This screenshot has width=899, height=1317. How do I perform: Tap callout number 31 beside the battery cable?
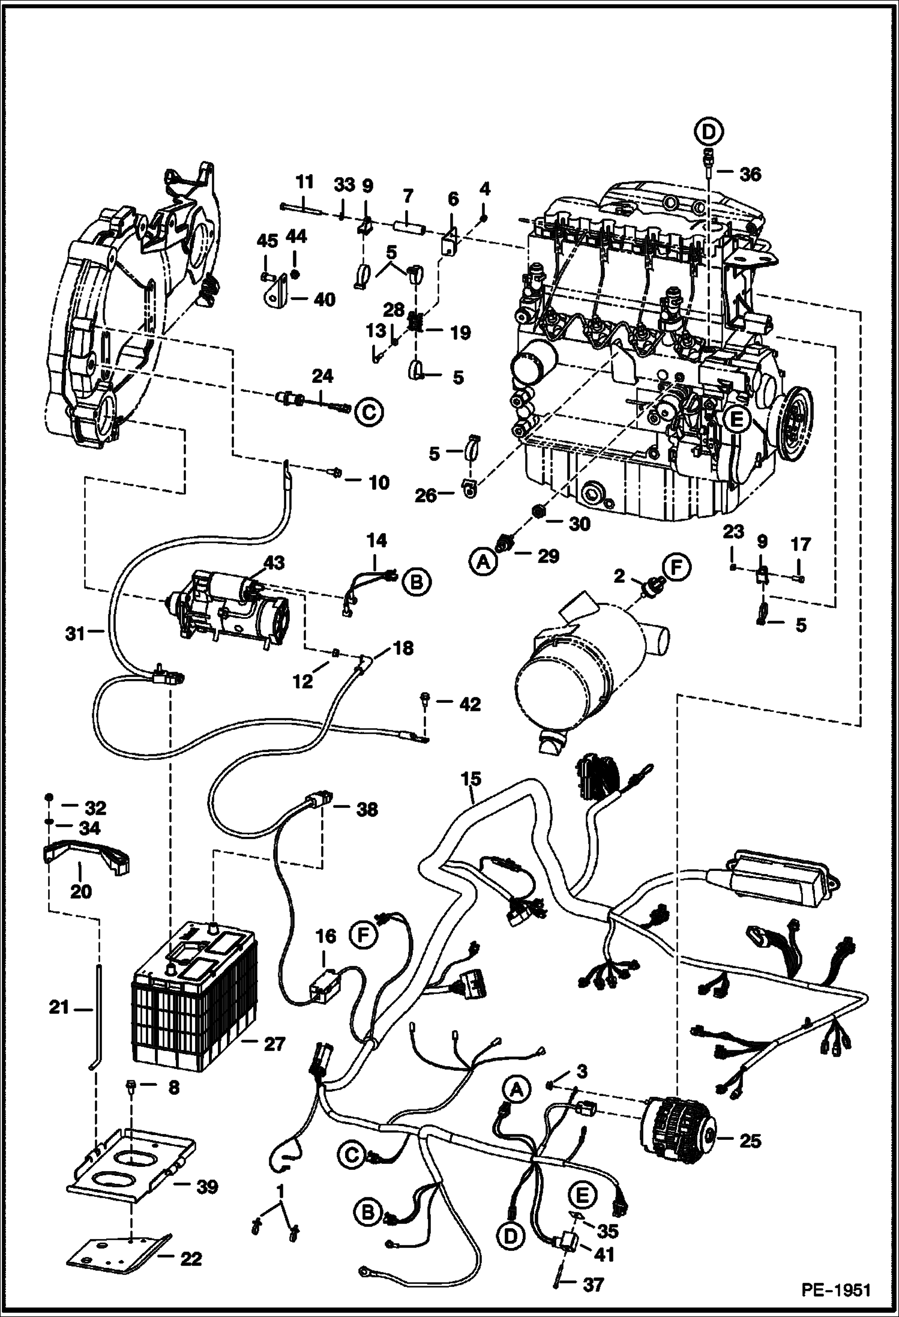pyautogui.click(x=76, y=633)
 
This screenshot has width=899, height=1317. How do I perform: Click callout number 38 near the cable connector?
pyautogui.click(x=367, y=809)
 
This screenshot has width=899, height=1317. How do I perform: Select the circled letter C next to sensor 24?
pyautogui.click(x=369, y=411)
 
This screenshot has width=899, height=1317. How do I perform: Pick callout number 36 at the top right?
pyautogui.click(x=750, y=174)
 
